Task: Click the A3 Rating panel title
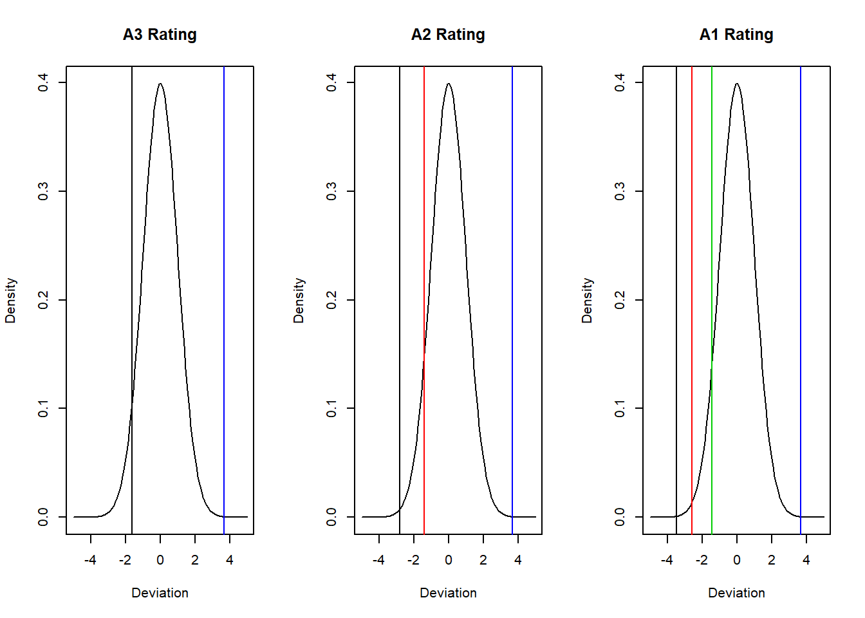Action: pos(160,35)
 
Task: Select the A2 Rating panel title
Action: pos(448,35)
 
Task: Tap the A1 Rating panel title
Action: pos(736,35)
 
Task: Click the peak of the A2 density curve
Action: pos(449,84)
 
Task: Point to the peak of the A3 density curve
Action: pos(160,84)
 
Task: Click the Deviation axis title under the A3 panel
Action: pos(160,593)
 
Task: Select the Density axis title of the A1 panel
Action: pos(587,300)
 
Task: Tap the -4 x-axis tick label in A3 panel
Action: pos(90,560)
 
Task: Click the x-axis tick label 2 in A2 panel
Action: pos(483,560)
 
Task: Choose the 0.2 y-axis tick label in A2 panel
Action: pos(331,300)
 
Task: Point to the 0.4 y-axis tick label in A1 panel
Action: pos(619,82)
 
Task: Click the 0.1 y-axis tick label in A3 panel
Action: pos(42,408)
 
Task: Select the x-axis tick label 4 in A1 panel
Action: pos(806,560)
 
